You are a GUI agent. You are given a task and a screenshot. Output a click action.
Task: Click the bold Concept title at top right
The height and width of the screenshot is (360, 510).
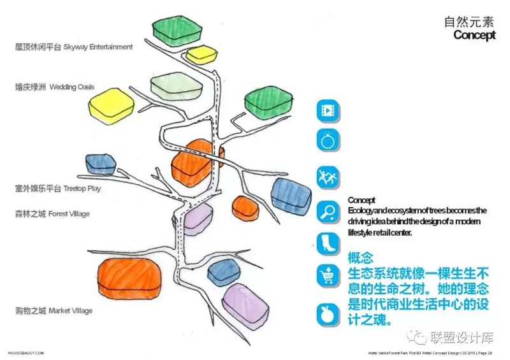474,35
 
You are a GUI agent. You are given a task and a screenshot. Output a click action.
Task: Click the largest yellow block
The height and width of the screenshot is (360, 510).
112,104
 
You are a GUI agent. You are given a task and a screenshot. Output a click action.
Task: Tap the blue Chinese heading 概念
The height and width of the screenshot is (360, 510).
360,259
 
